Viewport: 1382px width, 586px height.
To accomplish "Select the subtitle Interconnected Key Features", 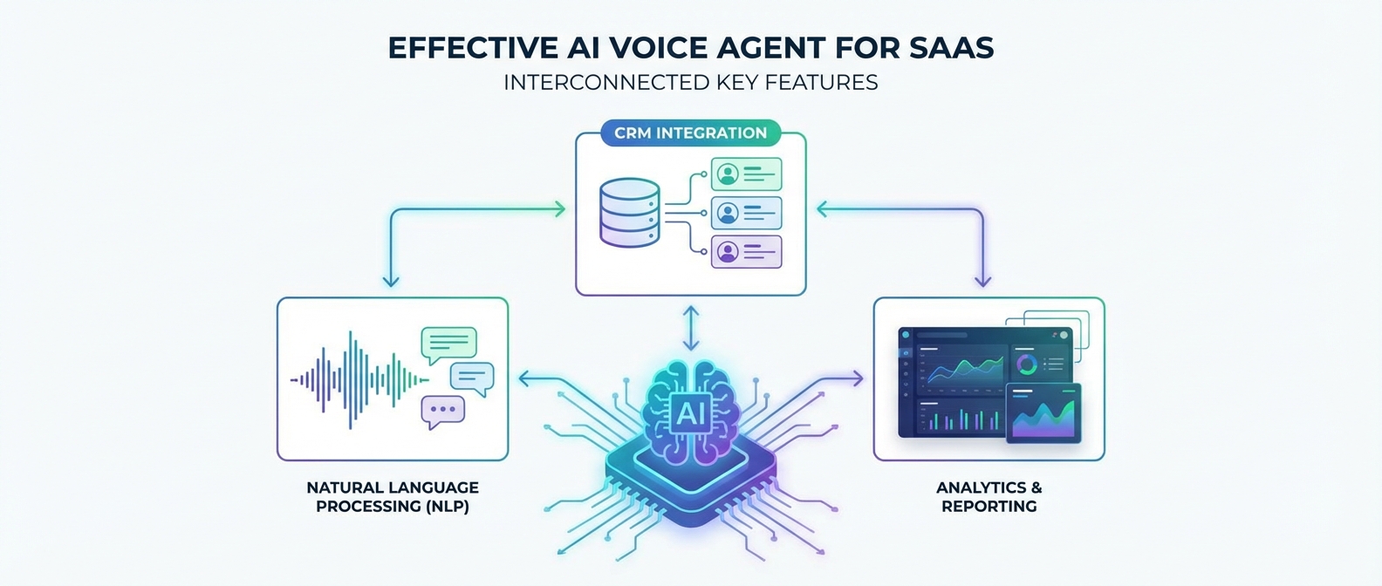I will point(690,83).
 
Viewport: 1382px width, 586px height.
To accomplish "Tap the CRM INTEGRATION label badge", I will point(690,133).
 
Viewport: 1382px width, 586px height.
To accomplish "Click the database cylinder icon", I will point(629,212).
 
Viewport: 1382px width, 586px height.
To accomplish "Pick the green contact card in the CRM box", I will point(746,174).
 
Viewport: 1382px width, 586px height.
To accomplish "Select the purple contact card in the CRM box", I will point(746,252).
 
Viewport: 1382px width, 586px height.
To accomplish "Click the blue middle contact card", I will point(746,213).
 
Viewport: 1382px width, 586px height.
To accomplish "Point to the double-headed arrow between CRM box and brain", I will point(690,328).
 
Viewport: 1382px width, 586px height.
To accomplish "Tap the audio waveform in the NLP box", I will point(358,379).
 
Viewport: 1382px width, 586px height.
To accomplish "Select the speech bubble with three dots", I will point(442,410).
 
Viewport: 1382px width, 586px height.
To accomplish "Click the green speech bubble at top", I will point(448,344).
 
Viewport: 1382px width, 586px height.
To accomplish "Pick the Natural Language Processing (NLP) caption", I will point(393,497).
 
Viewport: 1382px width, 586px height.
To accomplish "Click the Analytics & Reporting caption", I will point(989,497).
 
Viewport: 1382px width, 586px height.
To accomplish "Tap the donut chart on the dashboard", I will point(1027,364).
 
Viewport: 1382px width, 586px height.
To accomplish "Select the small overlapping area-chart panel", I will point(1043,412).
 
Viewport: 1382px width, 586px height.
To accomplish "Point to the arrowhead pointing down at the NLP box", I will point(391,281).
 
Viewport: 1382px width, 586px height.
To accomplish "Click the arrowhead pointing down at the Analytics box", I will point(982,281).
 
